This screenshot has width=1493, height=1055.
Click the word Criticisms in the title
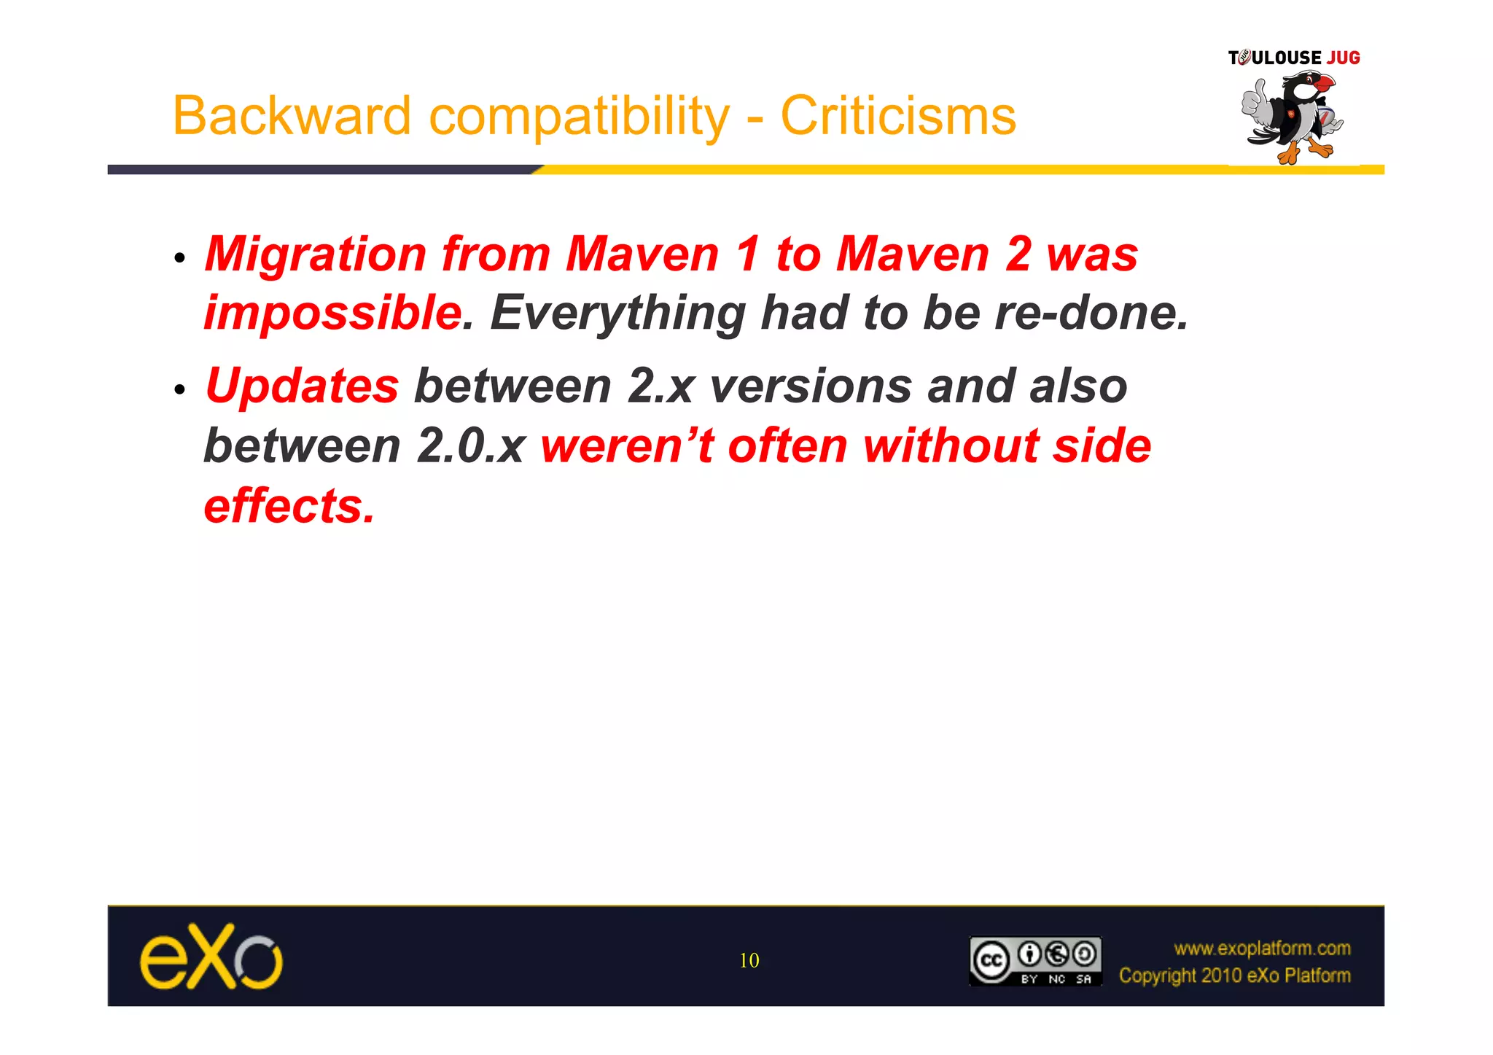[x=898, y=116]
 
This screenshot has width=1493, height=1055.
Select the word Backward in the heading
[x=292, y=116]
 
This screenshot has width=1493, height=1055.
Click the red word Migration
[x=316, y=254]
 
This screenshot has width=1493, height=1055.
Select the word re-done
[x=1091, y=313]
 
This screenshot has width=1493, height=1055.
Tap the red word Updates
[x=302, y=386]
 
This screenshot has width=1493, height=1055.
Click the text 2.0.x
[x=471, y=446]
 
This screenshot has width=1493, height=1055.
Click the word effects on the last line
[x=289, y=505]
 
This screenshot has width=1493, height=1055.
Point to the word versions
[x=810, y=386]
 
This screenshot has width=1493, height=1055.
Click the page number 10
[x=749, y=960]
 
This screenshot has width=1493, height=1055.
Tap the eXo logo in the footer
[x=211, y=957]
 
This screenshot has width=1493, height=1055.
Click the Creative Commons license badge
[x=1035, y=961]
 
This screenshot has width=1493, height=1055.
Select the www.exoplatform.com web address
[x=1262, y=948]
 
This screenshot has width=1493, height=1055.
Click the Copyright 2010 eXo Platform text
[x=1234, y=976]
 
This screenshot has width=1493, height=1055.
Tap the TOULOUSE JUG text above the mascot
[x=1294, y=58]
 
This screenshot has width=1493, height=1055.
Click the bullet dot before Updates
[x=180, y=389]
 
